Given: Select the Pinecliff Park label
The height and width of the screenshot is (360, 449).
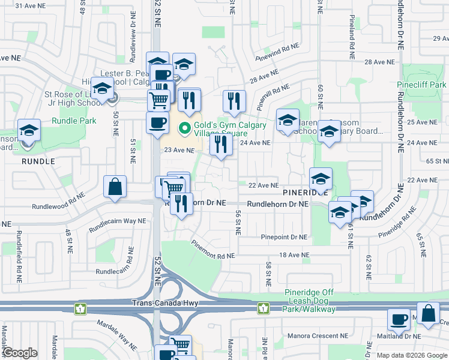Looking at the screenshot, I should pyautogui.click(x=421, y=85).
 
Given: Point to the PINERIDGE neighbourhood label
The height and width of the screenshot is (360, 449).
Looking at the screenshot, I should pyautogui.click(x=306, y=193).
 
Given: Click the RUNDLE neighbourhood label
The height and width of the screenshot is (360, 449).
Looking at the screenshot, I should pyautogui.click(x=38, y=161).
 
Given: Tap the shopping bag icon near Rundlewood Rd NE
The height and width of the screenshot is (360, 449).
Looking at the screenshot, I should pyautogui.click(x=115, y=187).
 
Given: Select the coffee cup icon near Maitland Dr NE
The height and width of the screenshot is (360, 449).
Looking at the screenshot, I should pyautogui.click(x=398, y=320).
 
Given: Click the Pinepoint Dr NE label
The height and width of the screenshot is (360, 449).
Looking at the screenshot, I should pyautogui.click(x=284, y=238).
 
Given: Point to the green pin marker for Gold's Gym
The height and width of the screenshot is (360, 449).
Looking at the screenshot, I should pyautogui.click(x=185, y=127).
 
